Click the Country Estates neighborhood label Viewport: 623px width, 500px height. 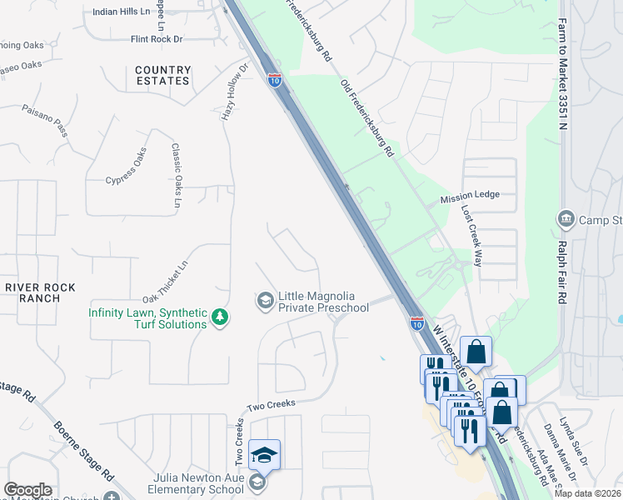tap(162, 75)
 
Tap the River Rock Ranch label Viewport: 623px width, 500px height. tap(40, 292)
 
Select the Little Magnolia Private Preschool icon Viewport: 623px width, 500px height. tap(265, 300)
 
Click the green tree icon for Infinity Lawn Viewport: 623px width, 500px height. tap(220, 317)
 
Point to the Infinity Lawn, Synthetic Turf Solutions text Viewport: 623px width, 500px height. tap(148, 318)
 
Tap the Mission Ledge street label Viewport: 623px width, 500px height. tap(470, 194)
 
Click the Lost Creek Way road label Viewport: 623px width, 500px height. tap(471, 237)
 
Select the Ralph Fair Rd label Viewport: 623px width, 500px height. tap(563, 272)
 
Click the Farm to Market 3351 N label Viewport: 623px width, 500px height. tap(563, 75)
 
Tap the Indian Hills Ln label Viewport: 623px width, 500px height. tap(122, 12)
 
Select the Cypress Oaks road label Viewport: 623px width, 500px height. tap(126, 167)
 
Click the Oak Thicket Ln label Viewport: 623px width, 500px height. tap(166, 281)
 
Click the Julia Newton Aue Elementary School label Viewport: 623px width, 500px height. tap(198, 483)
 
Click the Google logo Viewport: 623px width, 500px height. tap(27, 490)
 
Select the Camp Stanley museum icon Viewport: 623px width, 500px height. tap(566, 219)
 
